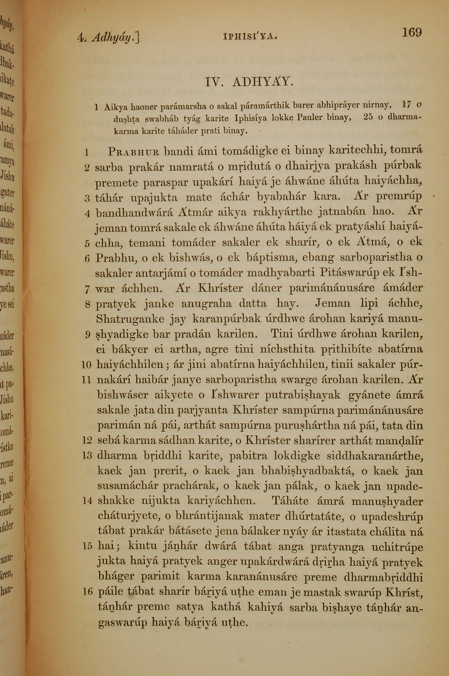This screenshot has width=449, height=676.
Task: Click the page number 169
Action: coord(412,32)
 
